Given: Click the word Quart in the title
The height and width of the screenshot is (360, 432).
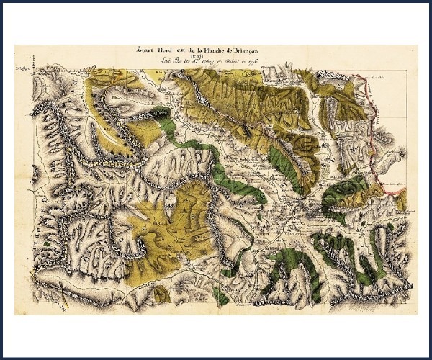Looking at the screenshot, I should (x=132, y=50).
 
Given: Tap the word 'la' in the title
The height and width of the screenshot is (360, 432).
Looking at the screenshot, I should (x=192, y=50).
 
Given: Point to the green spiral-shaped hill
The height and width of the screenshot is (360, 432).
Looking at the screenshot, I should (x=350, y=188).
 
